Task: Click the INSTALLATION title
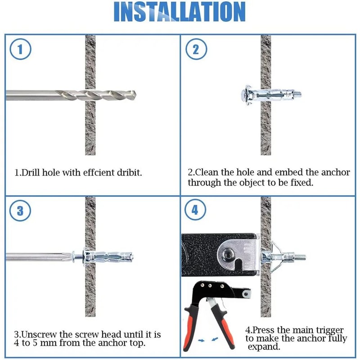(180, 12)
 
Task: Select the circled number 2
(195, 49)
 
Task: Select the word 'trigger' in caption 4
(329, 330)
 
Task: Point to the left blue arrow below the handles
(202, 341)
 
